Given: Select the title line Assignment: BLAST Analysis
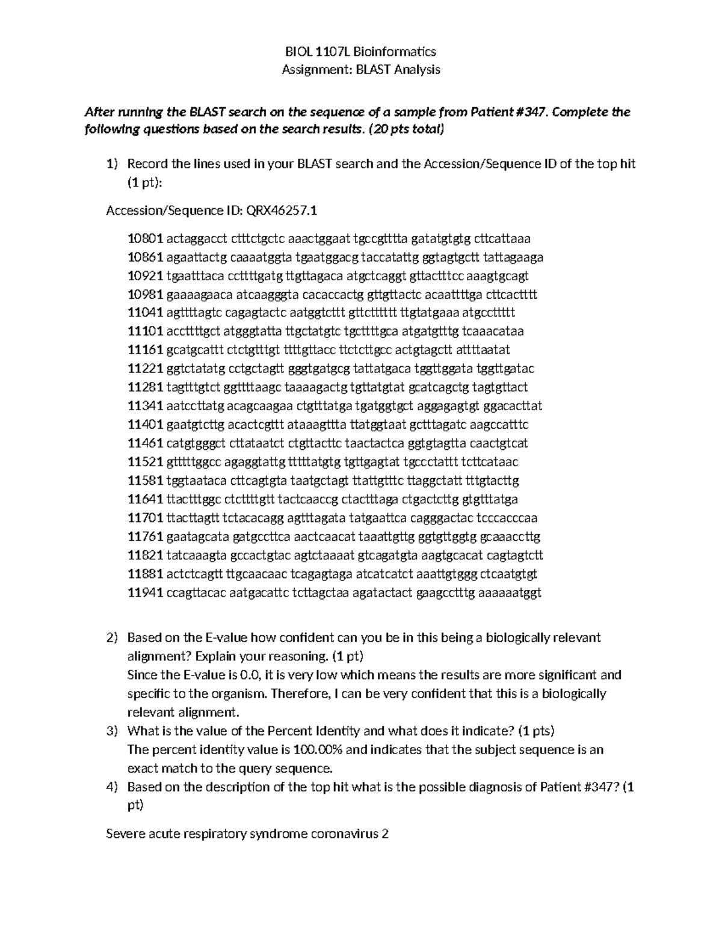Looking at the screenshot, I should [x=361, y=70].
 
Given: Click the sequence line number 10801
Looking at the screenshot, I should [x=146, y=239].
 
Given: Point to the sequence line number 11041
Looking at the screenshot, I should [x=146, y=313].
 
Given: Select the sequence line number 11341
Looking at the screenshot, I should [x=146, y=407].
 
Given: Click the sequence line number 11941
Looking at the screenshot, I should [x=146, y=593].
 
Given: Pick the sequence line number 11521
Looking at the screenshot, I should [x=146, y=462].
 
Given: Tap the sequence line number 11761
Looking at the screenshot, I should [x=146, y=537].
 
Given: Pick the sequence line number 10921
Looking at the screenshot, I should [x=146, y=276].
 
